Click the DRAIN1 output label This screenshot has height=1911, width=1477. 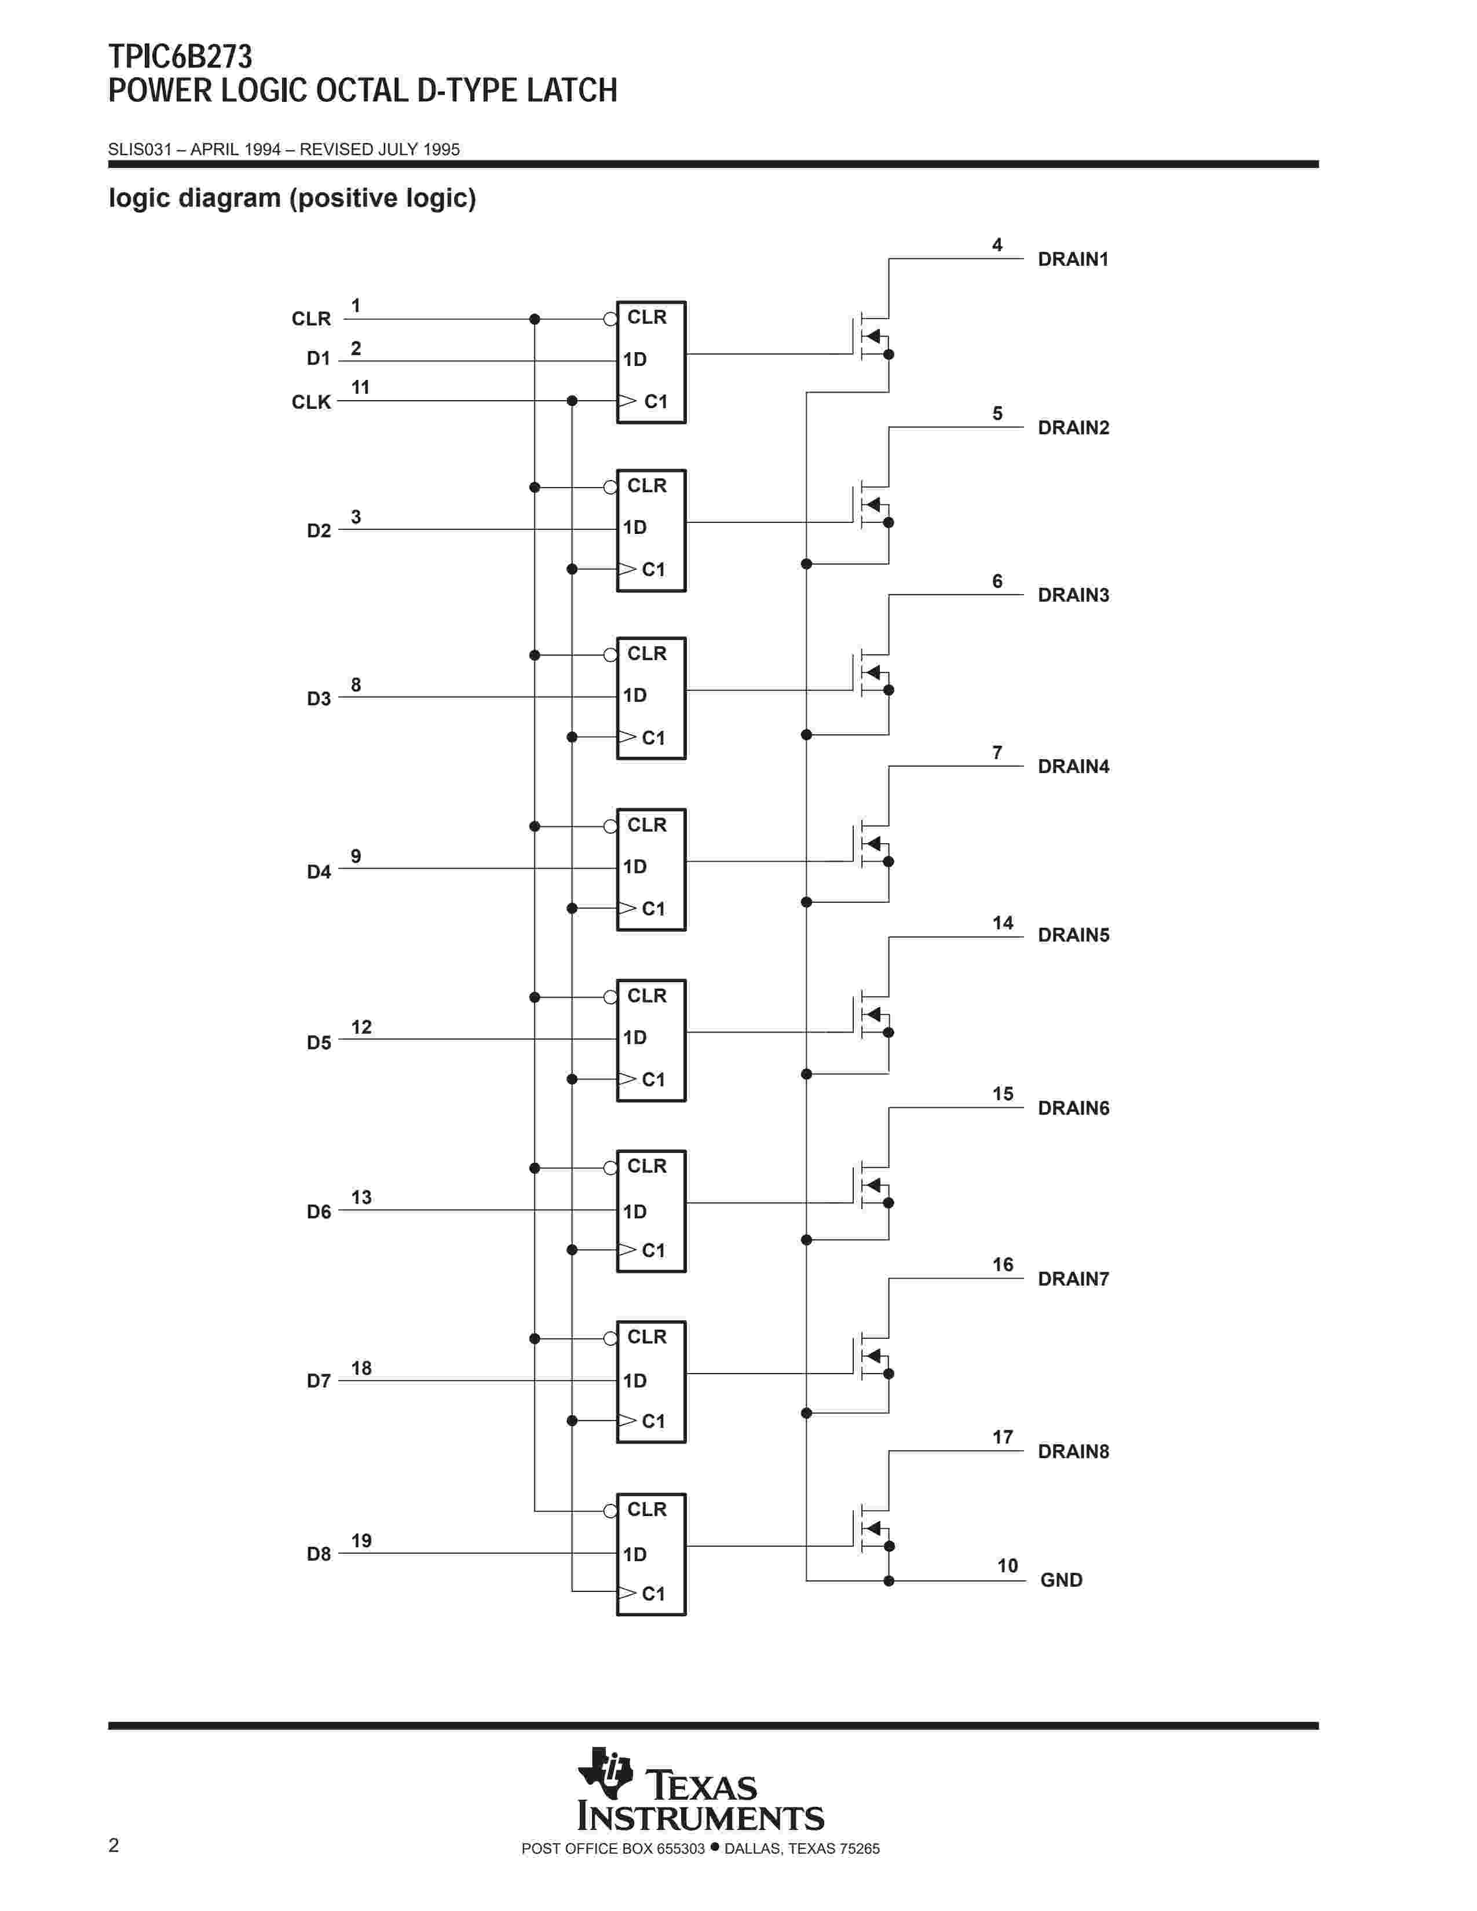coord(1073,259)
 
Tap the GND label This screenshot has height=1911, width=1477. coord(1061,1579)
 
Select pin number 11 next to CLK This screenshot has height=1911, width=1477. coord(360,387)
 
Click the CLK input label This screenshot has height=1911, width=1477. coord(310,402)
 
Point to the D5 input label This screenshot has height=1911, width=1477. coord(319,1042)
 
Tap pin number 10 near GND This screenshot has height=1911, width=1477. coord(1007,1565)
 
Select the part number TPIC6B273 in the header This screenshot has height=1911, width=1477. coord(180,57)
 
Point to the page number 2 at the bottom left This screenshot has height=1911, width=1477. coord(114,1844)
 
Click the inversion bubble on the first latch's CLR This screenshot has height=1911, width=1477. coord(610,320)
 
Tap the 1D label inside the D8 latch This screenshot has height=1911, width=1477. coord(634,1554)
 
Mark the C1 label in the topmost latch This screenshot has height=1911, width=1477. coord(655,402)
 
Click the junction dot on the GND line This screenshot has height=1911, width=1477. coord(888,1580)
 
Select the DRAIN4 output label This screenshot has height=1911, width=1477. coord(1073,767)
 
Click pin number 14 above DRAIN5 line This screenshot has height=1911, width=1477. coord(1003,922)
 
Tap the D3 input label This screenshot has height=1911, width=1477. coord(319,698)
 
